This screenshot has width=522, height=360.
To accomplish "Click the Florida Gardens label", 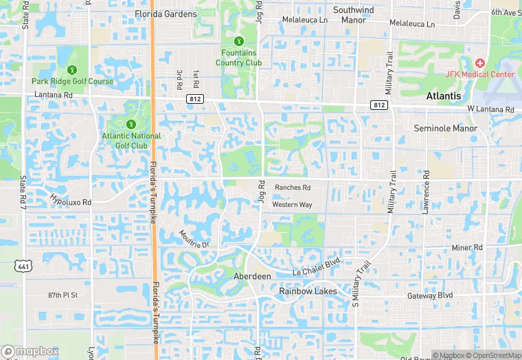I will pos(166,14).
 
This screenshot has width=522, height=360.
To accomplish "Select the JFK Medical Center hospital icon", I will pos(479,63).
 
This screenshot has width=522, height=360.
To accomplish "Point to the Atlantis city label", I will pos(444,96).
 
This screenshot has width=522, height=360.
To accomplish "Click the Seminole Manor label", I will pos(445,128).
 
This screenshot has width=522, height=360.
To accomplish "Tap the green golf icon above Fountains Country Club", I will pos(239,42).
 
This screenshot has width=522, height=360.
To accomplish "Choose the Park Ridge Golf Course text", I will pos(72,81).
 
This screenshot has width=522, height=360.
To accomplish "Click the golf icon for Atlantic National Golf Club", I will pos(130,124).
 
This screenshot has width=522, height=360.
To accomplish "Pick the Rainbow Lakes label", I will pos(308,291).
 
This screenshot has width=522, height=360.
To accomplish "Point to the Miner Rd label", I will pos(467,247).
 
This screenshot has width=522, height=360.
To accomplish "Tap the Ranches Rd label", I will pos(293,187).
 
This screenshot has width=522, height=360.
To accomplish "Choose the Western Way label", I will pos(292,205).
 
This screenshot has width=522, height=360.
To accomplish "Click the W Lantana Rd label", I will pos(490,109).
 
